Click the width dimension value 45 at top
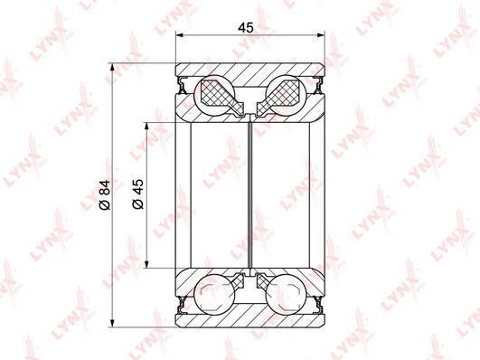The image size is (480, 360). point(246,28)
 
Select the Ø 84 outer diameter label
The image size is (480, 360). point(105,194)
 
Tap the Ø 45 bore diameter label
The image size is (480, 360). point(138,194)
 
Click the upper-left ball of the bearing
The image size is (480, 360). point(214,95)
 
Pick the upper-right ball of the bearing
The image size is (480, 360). point(286,95)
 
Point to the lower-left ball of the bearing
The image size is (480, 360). point(214,295)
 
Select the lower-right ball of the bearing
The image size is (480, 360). point(286,295)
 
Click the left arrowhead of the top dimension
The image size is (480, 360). point(179,35)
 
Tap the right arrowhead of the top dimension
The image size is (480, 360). point(321,35)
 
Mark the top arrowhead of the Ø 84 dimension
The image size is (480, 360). point(113,67)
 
